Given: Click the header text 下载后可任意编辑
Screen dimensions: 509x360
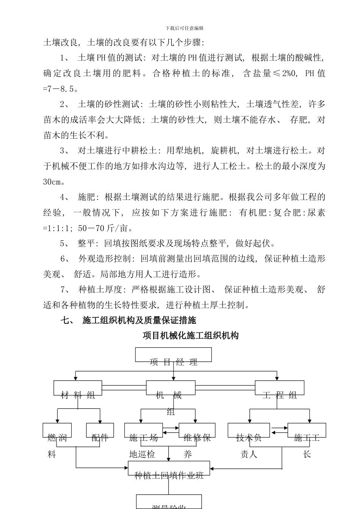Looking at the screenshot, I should (x=185, y=28).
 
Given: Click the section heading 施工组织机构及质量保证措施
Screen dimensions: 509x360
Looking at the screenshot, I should (x=139, y=320).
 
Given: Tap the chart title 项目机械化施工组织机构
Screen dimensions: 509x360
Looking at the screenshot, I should (x=191, y=336).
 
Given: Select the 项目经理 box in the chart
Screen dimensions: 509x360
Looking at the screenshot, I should (x=174, y=355).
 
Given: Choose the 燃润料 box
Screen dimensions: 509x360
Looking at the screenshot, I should (x=57, y=430).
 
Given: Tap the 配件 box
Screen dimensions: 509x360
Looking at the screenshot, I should (x=100, y=430).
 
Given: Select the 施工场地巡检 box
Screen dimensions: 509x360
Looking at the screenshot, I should (x=144, y=431).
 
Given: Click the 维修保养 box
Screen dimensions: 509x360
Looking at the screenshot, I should (x=197, y=431).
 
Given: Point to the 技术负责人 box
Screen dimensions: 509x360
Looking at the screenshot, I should (x=249, y=431).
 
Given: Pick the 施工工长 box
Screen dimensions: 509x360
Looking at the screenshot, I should (x=307, y=431).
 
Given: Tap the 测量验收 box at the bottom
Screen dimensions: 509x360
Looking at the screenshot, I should (x=169, y=502).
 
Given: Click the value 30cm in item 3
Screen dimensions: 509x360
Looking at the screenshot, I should (x=52, y=182).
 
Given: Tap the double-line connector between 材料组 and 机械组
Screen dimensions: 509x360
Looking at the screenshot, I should (x=124, y=387).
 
